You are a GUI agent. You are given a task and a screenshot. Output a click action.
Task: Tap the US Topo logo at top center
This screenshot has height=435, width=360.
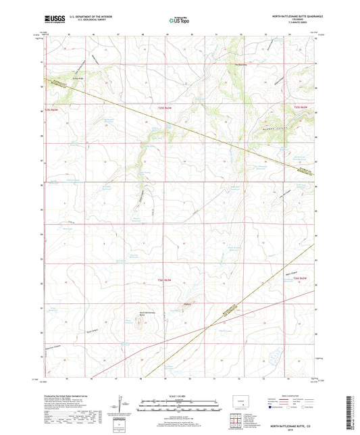(x=179, y=20)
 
